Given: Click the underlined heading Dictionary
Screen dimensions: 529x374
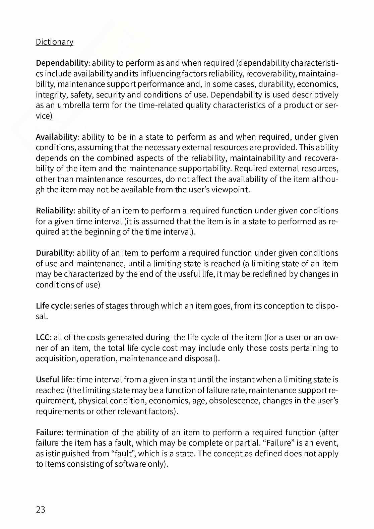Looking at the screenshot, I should tap(54, 42).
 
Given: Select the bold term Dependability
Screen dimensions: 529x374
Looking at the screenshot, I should tap(62, 63).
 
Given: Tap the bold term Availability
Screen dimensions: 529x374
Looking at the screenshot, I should tap(56, 137).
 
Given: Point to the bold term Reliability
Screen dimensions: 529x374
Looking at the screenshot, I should tap(54, 211).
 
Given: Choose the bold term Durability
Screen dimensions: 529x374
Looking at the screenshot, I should tap(54, 253).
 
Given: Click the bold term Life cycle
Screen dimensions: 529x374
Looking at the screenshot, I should tap(53, 306).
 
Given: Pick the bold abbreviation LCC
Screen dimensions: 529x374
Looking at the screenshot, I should tap(43, 337).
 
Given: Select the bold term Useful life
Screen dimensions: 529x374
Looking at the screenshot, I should tap(54, 380).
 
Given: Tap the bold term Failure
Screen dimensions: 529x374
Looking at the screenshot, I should tap(49, 433).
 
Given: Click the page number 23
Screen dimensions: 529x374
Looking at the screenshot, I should tap(40, 510).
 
